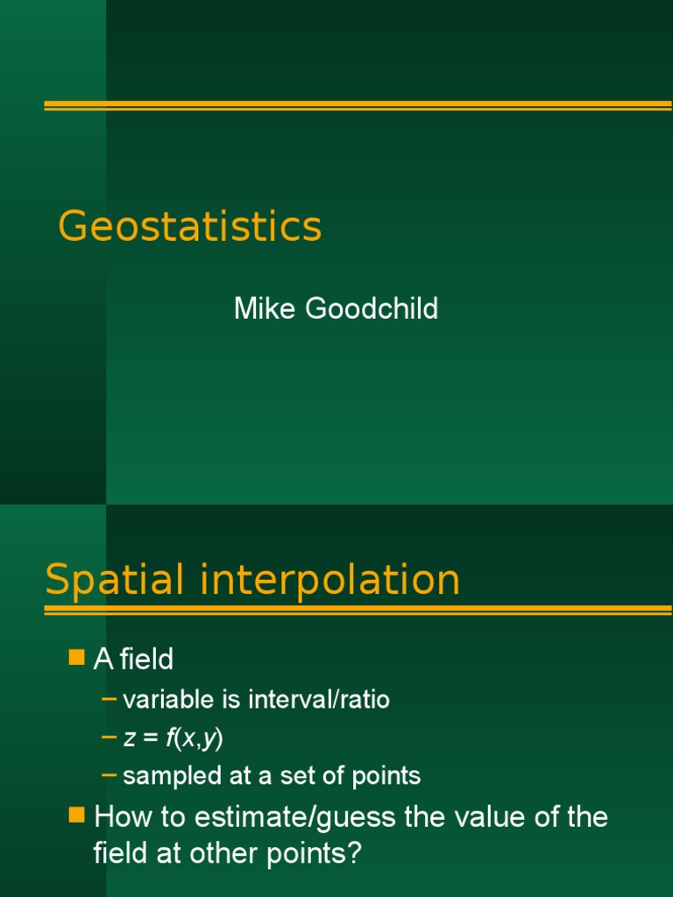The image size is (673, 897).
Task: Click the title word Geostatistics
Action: [190, 227]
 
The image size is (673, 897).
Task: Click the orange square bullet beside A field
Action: [76, 657]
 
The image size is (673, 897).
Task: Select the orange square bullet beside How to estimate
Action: [76, 816]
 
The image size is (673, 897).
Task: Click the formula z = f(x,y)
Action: [174, 738]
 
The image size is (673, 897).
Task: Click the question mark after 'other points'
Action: [354, 855]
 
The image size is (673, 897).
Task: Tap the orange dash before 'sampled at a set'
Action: [109, 775]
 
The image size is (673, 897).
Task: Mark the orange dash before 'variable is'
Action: [109, 698]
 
